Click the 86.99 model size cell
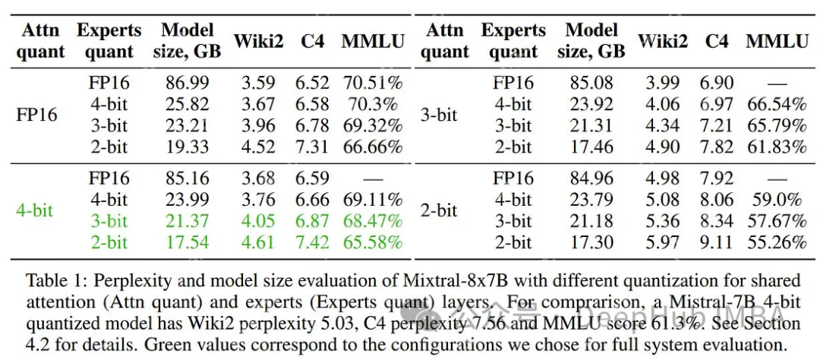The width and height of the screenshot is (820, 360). pos(187,83)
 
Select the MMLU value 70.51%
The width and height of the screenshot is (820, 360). pos(372,83)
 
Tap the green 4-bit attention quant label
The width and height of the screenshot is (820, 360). pos(35,210)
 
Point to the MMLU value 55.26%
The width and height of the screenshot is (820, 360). pos(776,242)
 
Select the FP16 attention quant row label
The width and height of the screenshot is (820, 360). pos(36,115)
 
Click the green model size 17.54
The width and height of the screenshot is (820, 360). pos(187,242)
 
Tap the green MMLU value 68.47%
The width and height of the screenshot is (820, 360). pos(372,221)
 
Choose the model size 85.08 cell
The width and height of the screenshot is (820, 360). pos(591,83)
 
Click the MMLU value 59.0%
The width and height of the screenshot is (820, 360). pos(776,200)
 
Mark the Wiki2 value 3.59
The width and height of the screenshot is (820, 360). pos(258,83)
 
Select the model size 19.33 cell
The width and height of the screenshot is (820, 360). pos(187,147)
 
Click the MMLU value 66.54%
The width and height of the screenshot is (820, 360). pos(776,104)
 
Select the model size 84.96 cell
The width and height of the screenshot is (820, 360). pos(591,178)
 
